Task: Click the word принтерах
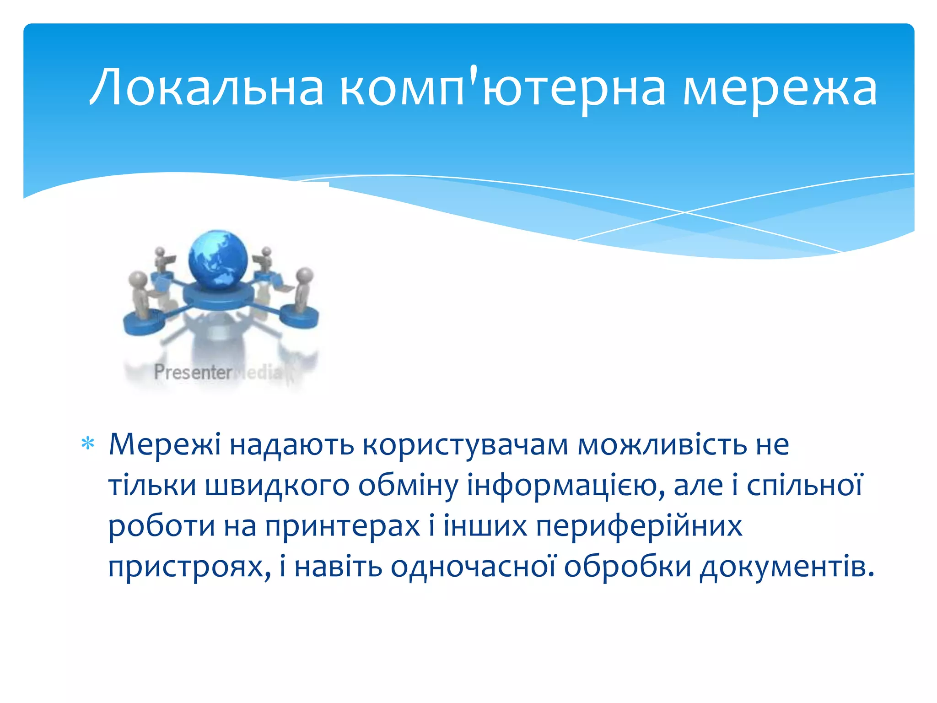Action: pyautogui.click(x=342, y=526)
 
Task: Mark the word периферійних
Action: pyautogui.click(x=639, y=526)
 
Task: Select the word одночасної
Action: pyautogui.click(x=473, y=567)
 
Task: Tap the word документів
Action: pyautogui.click(x=787, y=567)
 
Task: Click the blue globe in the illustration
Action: pyautogui.click(x=218, y=260)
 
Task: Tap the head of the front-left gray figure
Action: pyautogui.click(x=138, y=278)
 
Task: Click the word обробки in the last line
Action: pyautogui.click(x=627, y=567)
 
